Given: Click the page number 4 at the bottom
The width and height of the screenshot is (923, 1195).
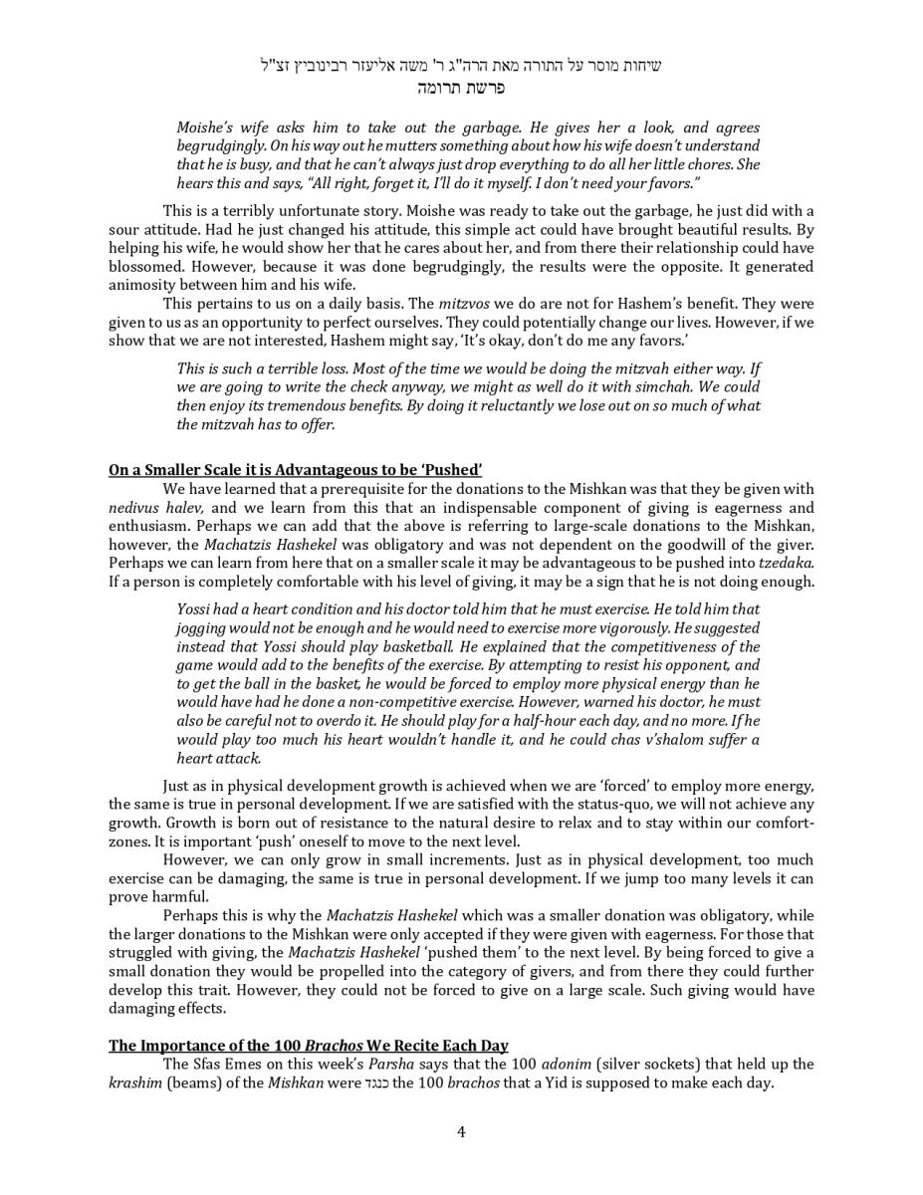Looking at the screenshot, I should (461, 1131).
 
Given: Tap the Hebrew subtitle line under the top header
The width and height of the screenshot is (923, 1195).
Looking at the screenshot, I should (461, 88).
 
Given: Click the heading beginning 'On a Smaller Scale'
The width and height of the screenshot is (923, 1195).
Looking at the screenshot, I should (295, 470).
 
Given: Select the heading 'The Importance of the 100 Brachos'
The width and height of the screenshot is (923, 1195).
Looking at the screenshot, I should (308, 1046).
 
